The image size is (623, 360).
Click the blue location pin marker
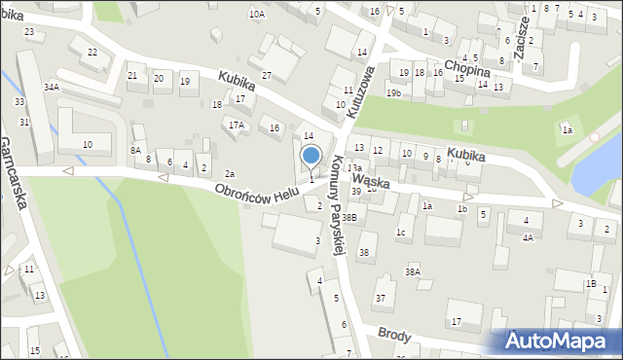[x=311, y=157]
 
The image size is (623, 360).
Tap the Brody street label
[x=396, y=337]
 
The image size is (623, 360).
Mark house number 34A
[x=52, y=87]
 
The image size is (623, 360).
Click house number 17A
[x=236, y=125]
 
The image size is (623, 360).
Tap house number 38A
[x=413, y=271]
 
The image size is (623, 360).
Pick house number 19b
[x=392, y=92]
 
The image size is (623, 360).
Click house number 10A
[x=256, y=15]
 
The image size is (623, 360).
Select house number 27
[x=266, y=75]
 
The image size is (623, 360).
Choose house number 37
[x=381, y=297]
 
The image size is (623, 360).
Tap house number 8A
[x=135, y=150]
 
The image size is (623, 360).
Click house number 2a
[x=230, y=173]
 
